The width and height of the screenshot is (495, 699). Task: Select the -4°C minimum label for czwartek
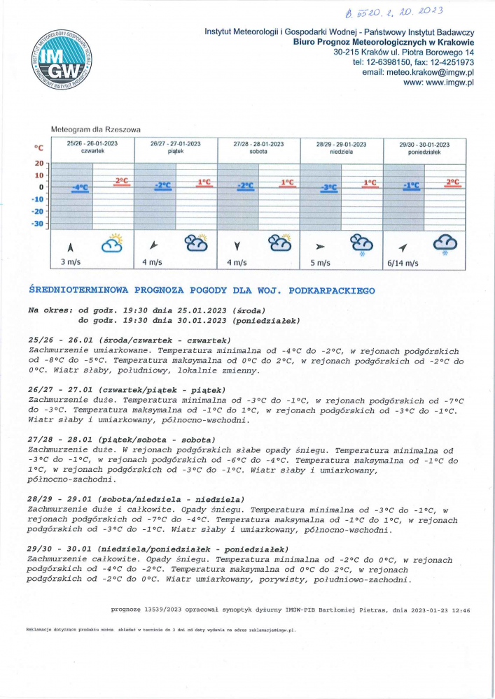coord(79,187)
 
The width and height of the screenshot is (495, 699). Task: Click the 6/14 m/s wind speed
coord(403,264)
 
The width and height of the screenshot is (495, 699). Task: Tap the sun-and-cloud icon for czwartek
coord(112,243)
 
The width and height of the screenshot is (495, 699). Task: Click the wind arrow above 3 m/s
coord(69,246)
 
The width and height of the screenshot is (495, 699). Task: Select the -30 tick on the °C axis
coord(39,224)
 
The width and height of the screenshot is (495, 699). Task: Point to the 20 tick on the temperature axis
coord(39,163)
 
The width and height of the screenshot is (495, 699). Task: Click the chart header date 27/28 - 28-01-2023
coord(258,144)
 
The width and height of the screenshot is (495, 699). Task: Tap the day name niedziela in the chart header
coord(342,151)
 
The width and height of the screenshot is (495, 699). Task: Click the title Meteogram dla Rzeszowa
coord(96,129)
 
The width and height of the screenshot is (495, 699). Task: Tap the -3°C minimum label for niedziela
coord(328,187)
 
